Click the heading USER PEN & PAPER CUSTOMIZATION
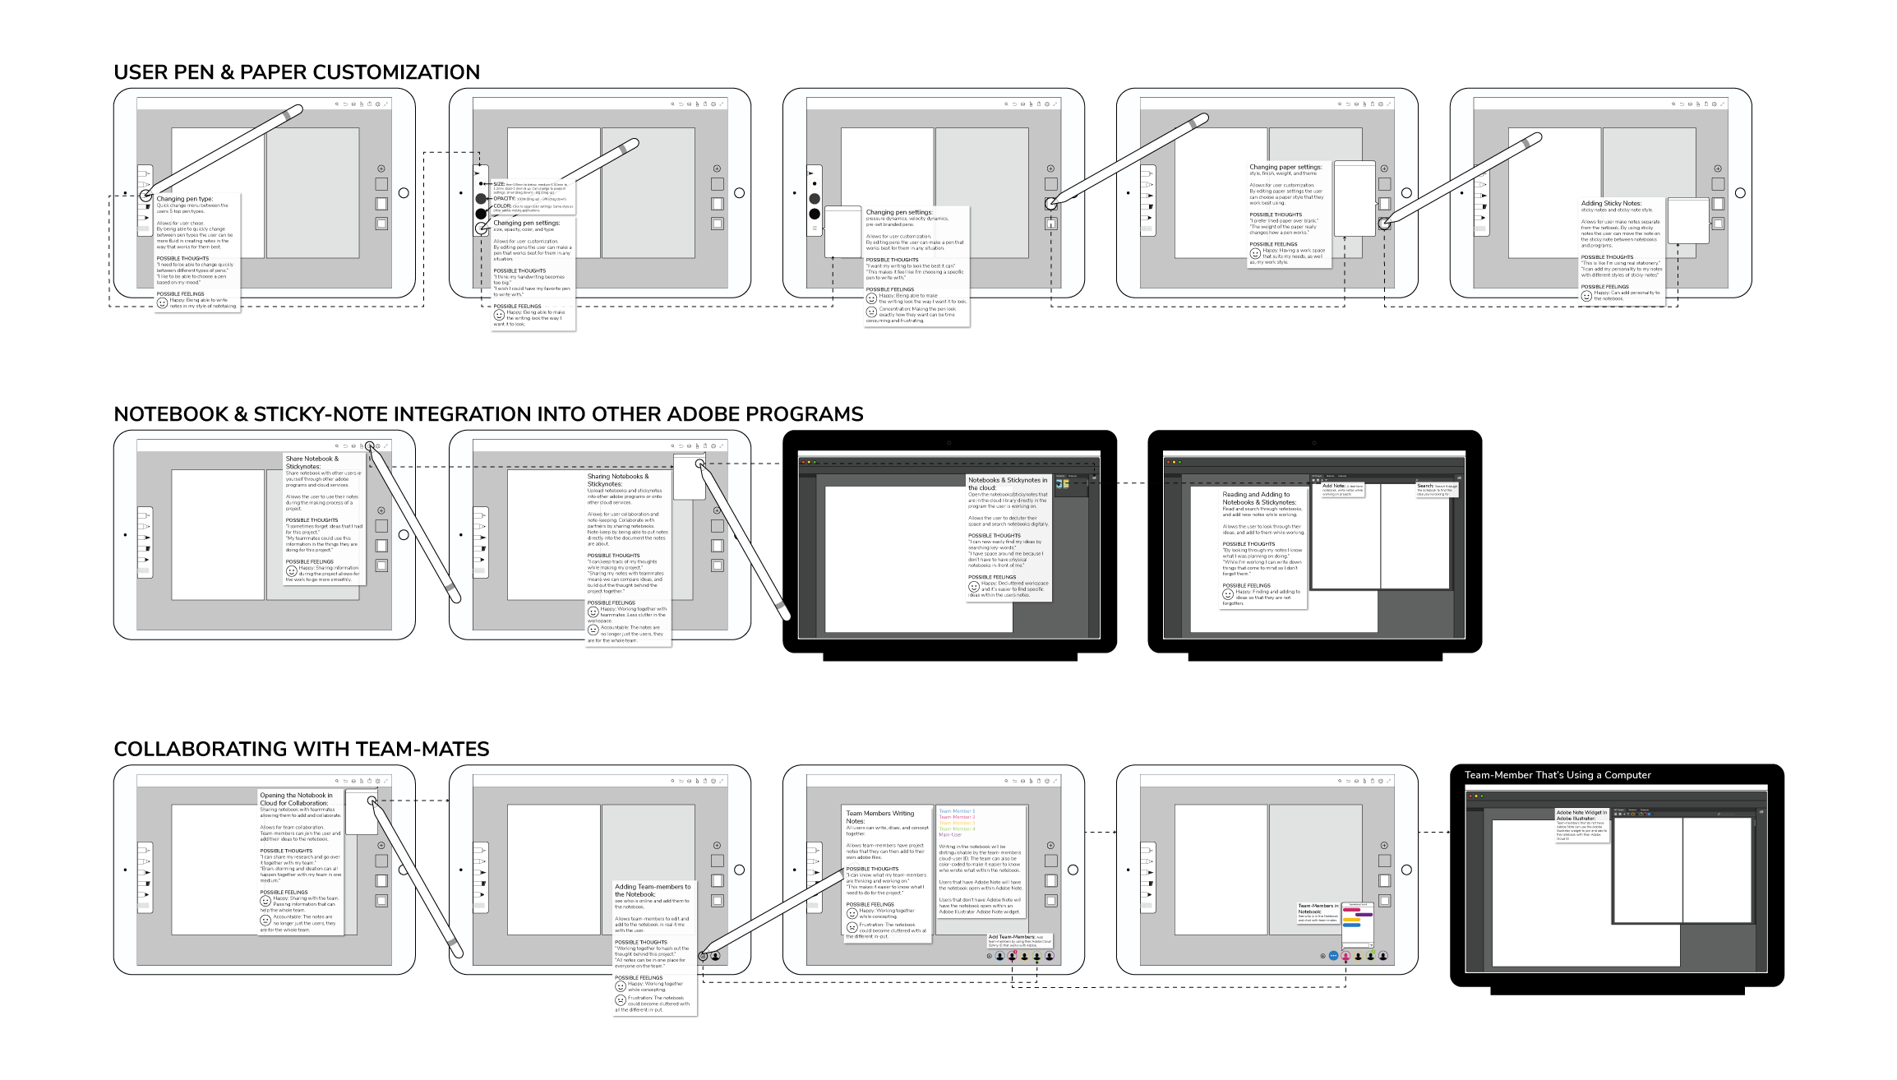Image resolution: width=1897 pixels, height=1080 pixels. click(x=297, y=72)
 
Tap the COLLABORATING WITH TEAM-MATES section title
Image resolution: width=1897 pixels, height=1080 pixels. click(x=301, y=749)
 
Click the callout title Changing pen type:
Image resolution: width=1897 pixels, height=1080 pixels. click(x=185, y=199)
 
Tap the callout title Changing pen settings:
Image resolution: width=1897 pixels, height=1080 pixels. click(x=526, y=223)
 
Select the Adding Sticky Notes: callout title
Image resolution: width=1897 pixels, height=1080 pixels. click(x=1611, y=203)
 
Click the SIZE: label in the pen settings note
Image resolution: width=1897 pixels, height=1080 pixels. click(x=499, y=184)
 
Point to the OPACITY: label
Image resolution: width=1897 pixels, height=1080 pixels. click(x=504, y=198)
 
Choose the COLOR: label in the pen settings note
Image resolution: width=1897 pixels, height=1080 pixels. click(x=501, y=206)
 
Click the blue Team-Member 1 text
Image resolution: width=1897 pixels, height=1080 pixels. click(x=957, y=811)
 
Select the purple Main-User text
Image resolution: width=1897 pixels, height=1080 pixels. click(x=950, y=834)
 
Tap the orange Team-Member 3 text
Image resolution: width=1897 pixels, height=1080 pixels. click(x=957, y=823)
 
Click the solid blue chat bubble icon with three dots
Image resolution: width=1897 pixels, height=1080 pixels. click(x=1333, y=956)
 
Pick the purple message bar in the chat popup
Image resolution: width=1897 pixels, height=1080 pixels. click(x=1364, y=914)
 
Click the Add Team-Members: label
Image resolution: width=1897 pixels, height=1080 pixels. click(x=1011, y=937)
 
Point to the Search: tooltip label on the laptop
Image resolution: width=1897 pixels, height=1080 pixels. click(x=1425, y=486)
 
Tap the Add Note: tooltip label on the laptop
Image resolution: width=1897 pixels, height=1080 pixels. click(x=1333, y=486)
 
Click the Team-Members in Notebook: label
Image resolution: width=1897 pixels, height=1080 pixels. click(x=1318, y=908)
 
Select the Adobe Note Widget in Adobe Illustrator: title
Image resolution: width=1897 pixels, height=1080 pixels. click(x=1581, y=815)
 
